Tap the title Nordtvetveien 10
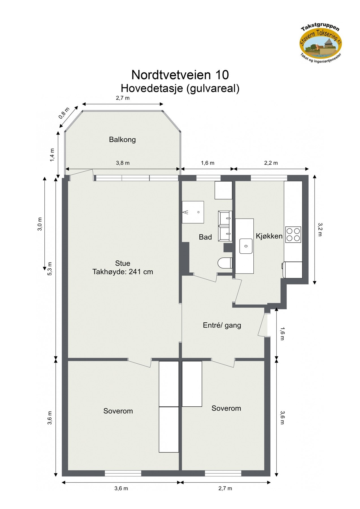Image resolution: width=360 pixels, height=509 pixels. (x=180, y=75)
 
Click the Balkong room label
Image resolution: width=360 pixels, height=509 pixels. (x=122, y=140)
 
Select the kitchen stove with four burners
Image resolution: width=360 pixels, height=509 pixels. (x=293, y=234)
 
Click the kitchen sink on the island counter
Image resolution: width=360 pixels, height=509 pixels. (x=246, y=246)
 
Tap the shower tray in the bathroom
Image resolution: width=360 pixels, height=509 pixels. (x=193, y=212)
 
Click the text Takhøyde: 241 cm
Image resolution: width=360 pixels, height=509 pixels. (x=122, y=272)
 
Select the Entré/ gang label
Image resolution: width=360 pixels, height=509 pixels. (x=222, y=325)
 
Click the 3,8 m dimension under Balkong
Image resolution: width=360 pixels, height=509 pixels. (x=123, y=163)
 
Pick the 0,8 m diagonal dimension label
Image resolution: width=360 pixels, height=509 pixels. (x=64, y=113)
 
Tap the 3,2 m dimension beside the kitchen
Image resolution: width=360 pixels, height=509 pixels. (x=320, y=229)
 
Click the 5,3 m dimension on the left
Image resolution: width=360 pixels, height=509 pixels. (x=50, y=269)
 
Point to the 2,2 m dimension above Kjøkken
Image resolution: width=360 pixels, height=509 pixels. (x=271, y=163)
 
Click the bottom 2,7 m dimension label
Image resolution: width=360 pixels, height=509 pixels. (x=225, y=488)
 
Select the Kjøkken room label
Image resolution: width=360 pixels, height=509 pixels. (x=269, y=236)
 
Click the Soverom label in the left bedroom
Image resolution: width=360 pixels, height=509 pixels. (x=118, y=411)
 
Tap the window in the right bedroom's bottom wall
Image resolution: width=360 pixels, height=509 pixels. (x=223, y=473)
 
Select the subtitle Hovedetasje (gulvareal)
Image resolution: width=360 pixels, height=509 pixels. (x=180, y=89)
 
